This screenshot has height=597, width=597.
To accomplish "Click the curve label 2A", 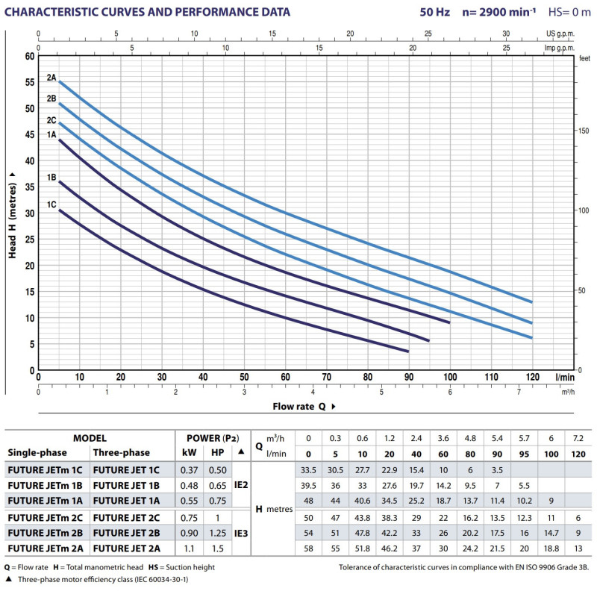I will coord(51,77).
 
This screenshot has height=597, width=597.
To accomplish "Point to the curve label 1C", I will coord(51,204).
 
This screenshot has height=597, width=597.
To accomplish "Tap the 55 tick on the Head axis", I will coord(31,82).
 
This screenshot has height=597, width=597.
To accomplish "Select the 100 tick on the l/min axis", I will coord(449,378).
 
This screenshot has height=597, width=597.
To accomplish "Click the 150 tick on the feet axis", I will coord(583,131).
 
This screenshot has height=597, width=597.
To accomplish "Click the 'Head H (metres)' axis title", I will coord(13,213).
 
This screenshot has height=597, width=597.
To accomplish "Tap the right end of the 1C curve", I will coord(408,351).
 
